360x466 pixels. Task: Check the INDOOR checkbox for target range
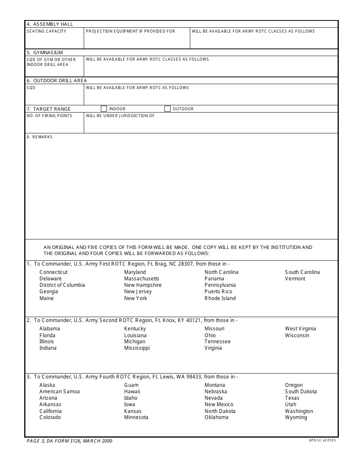[103, 109]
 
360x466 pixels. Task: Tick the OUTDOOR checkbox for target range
[167, 109]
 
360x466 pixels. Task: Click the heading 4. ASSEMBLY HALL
[50, 24]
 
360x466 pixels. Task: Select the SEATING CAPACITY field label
[46, 31]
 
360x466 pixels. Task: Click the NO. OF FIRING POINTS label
[49, 116]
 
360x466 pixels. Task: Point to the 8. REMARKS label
[40, 137]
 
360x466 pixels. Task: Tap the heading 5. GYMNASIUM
[45, 52]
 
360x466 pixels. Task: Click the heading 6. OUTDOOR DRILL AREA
[57, 81]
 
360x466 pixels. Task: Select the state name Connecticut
[53, 272]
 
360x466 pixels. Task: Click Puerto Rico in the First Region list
[218, 292]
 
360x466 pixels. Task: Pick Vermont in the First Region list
[295, 278]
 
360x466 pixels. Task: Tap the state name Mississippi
[137, 348]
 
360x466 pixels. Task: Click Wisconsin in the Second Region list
[297, 335]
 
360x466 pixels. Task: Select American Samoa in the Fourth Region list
[59, 391]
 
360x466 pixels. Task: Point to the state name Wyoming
[296, 418]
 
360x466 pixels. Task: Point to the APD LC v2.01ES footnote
[322, 440]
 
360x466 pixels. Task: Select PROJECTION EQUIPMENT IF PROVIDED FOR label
[130, 31]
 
